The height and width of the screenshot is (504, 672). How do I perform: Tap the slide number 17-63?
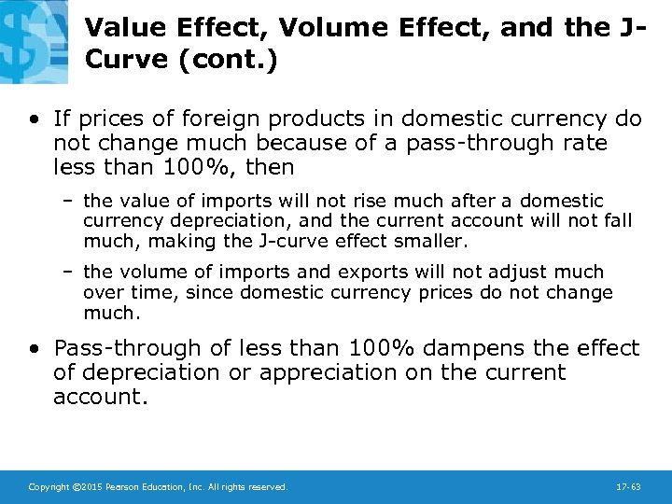point(629,487)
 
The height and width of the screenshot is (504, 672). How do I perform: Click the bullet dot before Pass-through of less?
point(35,349)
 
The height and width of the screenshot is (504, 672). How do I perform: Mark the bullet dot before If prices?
point(35,119)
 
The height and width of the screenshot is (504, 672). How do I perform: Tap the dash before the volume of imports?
point(70,272)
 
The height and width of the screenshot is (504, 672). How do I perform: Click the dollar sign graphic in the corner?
point(32,37)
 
